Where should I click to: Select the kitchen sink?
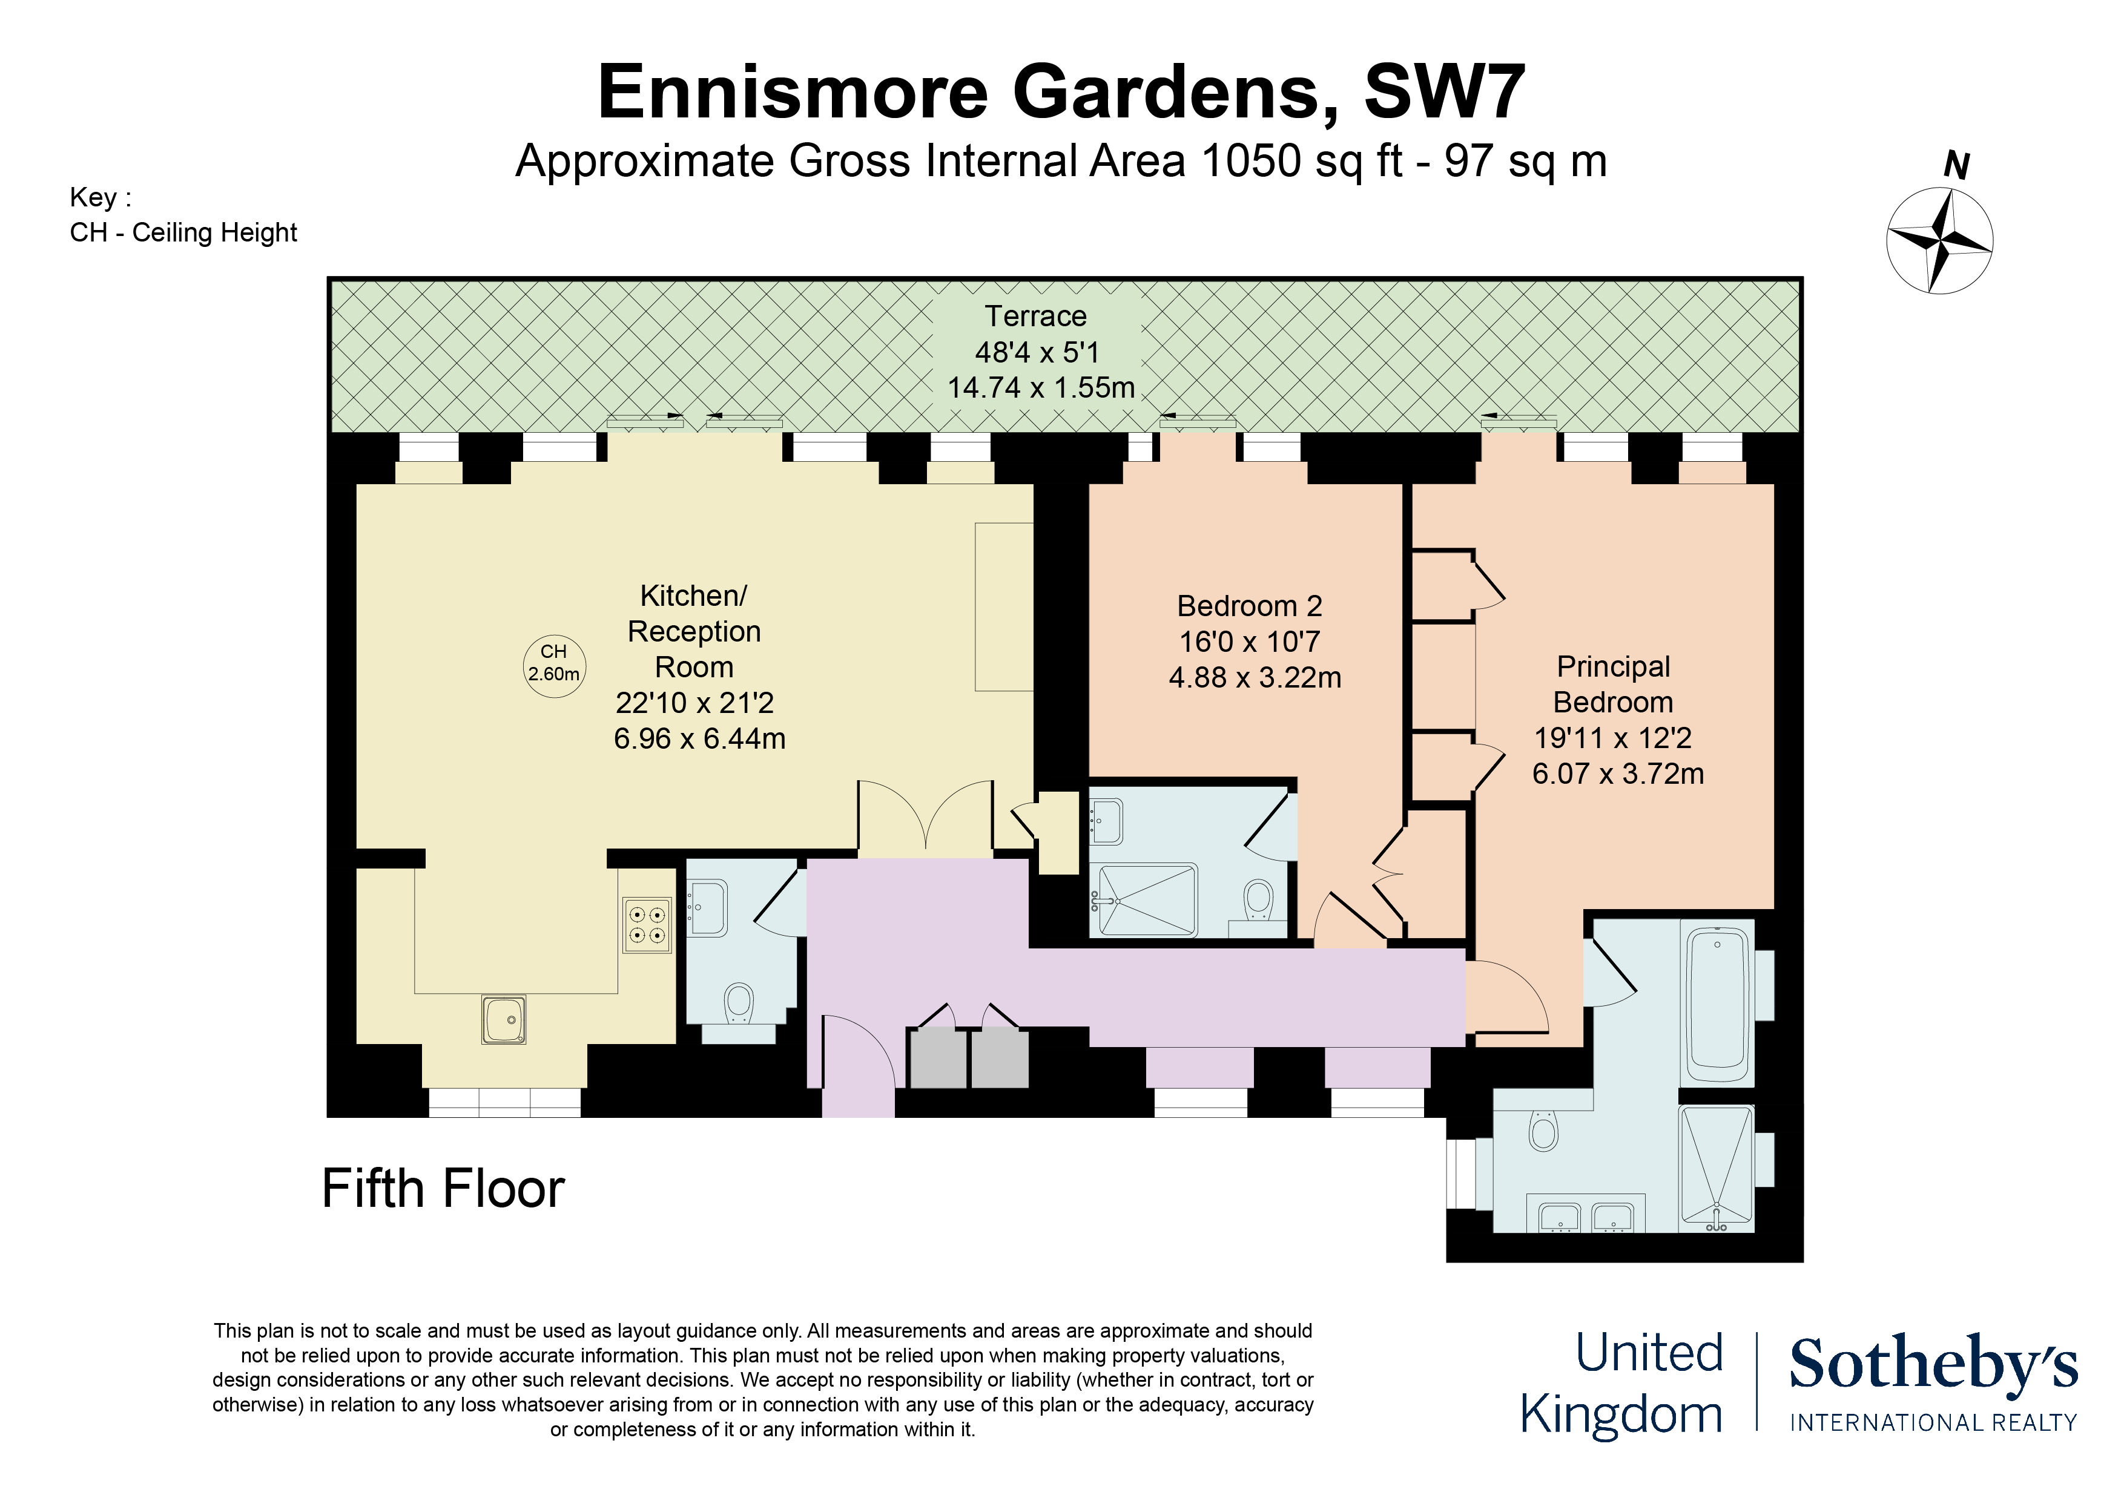click(x=504, y=1019)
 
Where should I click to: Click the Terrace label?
click(x=1035, y=317)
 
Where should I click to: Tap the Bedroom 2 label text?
click(x=1249, y=606)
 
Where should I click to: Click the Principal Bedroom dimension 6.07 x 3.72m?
click(x=1617, y=773)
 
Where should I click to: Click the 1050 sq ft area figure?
click(x=1300, y=161)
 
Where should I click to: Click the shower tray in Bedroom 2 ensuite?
click(x=1146, y=900)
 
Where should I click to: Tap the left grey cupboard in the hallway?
click(x=937, y=1058)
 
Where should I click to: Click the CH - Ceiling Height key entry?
click(x=183, y=232)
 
